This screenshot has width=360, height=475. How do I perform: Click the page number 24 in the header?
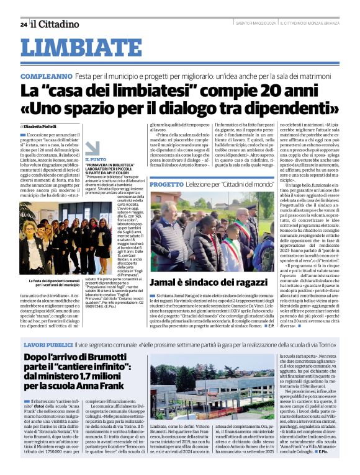23,25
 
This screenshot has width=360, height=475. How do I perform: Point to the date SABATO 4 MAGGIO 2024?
254,24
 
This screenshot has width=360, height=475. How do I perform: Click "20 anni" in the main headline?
270,91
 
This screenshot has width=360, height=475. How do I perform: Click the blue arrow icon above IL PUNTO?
92,148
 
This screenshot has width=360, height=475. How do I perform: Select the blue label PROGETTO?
166,185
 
